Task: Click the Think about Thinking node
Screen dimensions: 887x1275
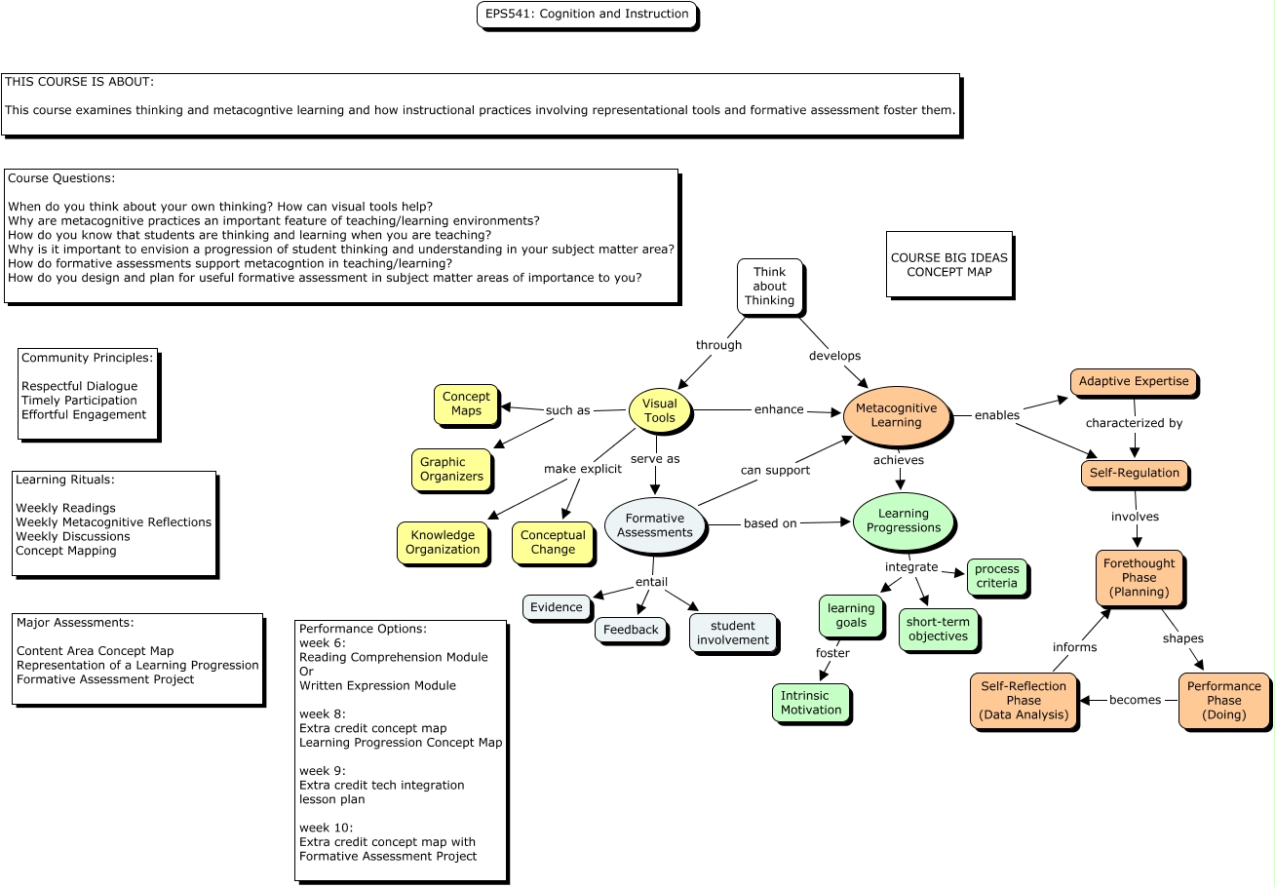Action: pyautogui.click(x=769, y=287)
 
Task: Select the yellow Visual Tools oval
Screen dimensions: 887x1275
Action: pyautogui.click(x=660, y=410)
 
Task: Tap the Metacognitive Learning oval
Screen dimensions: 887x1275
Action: pyautogui.click(x=896, y=415)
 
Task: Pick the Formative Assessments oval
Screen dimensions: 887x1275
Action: pyautogui.click(x=655, y=525)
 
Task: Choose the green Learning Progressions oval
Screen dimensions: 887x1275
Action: pyautogui.click(x=904, y=521)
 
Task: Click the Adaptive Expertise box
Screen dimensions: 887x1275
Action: pyautogui.click(x=1134, y=382)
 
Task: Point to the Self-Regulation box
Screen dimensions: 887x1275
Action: pyautogui.click(x=1134, y=474)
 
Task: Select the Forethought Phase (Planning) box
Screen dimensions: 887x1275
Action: pyautogui.click(x=1139, y=577)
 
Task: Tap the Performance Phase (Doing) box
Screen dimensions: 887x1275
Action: pyautogui.click(x=1224, y=700)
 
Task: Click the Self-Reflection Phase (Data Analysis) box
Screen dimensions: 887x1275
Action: pyautogui.click(x=1024, y=700)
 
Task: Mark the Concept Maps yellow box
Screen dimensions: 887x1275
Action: pyautogui.click(x=466, y=404)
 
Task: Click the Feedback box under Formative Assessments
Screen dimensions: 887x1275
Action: pyautogui.click(x=631, y=630)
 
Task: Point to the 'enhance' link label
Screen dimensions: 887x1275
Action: pyautogui.click(x=779, y=409)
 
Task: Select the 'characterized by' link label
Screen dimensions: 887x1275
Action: pyautogui.click(x=1134, y=423)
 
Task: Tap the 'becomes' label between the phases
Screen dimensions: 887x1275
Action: pyautogui.click(x=1135, y=700)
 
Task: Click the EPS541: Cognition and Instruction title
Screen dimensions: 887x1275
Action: pyautogui.click(x=587, y=15)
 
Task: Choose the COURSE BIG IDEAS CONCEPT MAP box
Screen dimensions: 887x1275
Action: pyautogui.click(x=948, y=264)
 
